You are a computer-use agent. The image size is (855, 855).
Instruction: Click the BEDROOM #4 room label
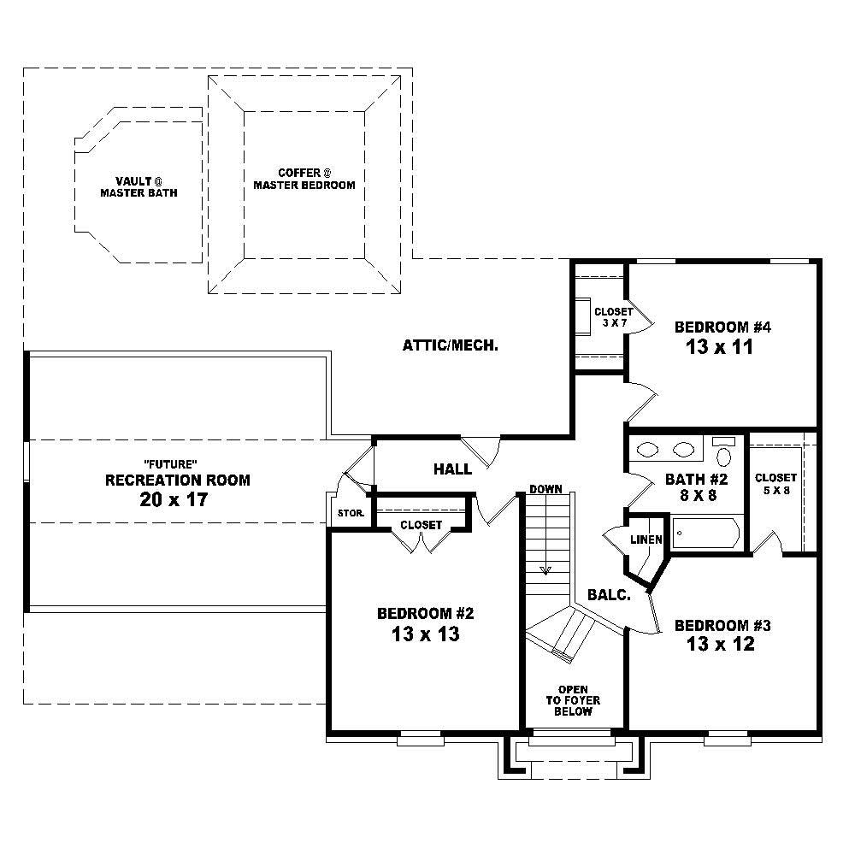click(723, 327)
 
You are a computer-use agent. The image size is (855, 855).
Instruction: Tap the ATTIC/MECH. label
click(450, 346)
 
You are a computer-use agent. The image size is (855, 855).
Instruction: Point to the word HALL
click(452, 469)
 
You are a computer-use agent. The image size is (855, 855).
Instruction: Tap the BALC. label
click(609, 595)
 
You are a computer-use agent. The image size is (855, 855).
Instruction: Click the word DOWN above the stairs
click(545, 490)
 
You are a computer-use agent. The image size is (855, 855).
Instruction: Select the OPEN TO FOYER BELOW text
click(573, 700)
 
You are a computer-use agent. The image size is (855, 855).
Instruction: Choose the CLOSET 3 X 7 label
click(613, 317)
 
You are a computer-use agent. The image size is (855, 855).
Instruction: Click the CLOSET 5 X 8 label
click(775, 483)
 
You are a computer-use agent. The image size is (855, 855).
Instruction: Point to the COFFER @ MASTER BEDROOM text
click(304, 178)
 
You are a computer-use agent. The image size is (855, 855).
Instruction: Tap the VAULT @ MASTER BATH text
click(139, 186)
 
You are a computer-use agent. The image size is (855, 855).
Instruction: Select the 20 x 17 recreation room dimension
click(174, 500)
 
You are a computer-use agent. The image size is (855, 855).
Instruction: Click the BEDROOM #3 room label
click(722, 626)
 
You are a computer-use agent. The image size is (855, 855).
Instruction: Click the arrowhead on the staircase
click(545, 570)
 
